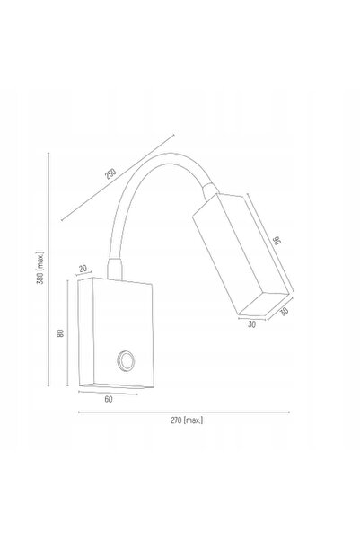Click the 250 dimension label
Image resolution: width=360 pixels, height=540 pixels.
(110, 173)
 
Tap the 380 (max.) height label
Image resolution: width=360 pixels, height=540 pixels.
(40, 268)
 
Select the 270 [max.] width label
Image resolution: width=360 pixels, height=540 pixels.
(187, 420)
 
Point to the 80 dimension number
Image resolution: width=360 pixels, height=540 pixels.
(60, 333)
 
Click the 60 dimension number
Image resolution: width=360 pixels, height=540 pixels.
(109, 399)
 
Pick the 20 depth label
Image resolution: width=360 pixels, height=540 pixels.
(83, 269)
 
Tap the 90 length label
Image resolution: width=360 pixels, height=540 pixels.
(277, 240)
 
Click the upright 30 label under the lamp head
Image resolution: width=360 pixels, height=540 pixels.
(252, 324)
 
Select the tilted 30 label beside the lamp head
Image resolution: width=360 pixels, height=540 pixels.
(284, 312)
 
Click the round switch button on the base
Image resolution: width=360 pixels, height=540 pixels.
(126, 361)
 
